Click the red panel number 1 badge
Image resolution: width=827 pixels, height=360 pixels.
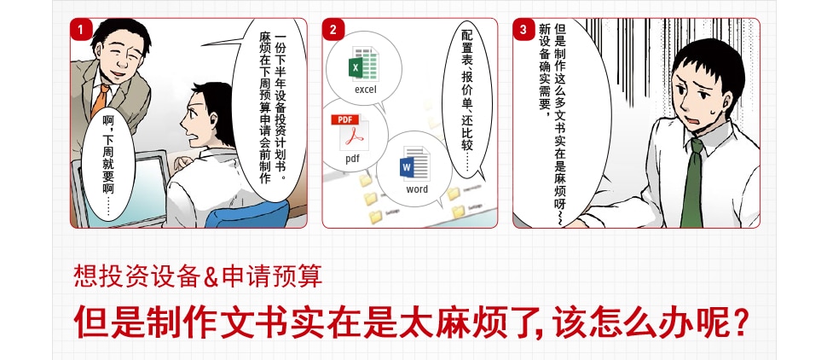[x=81, y=30]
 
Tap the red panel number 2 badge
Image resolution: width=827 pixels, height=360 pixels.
[x=333, y=30]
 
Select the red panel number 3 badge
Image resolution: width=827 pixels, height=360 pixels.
[x=523, y=30]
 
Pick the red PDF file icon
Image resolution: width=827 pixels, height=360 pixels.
[x=350, y=132]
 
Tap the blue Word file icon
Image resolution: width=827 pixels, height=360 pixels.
[x=415, y=163]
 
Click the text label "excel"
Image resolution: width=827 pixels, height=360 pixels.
[x=366, y=90]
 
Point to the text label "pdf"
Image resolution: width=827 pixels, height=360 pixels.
[x=352, y=159]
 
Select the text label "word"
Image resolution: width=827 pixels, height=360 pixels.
[x=417, y=189]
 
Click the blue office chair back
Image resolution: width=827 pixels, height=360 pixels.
[x=248, y=215]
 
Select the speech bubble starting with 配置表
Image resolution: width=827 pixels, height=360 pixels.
[x=467, y=101]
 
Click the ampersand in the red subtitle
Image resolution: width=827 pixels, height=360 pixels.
[x=211, y=277]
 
